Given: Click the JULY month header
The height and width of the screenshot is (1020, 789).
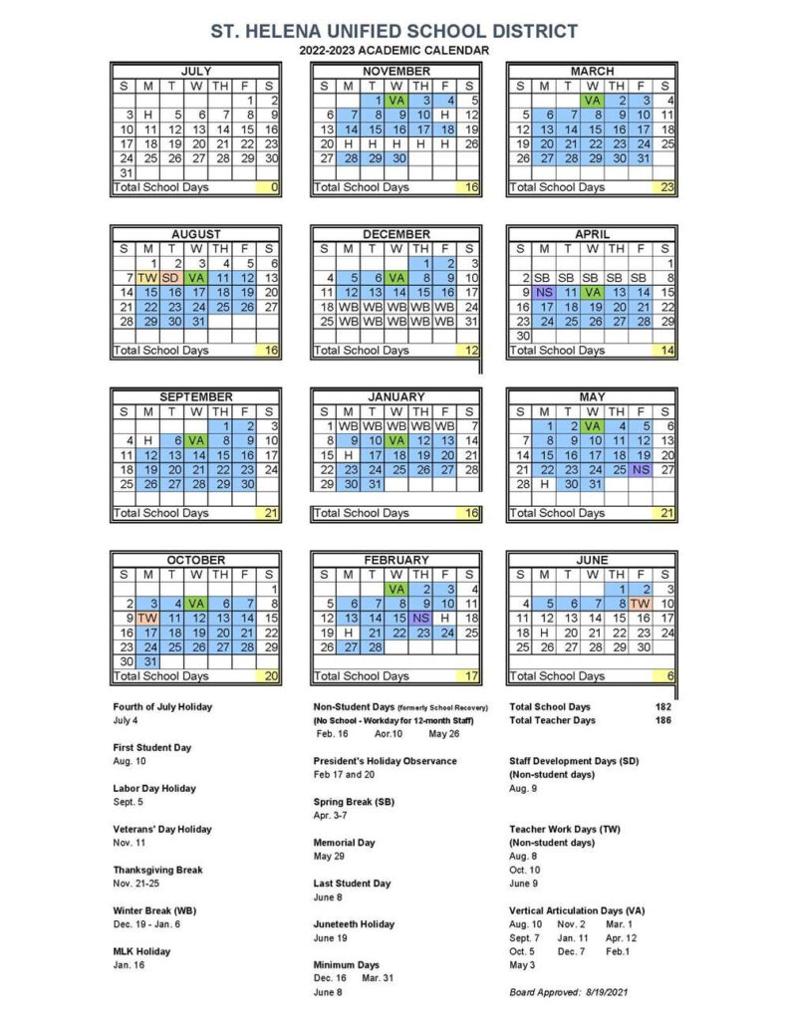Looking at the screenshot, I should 196,72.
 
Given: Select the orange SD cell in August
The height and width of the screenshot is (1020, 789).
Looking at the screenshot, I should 172,277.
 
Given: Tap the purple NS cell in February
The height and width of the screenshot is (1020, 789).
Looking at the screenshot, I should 420,618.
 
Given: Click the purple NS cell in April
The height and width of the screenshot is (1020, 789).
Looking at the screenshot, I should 543,292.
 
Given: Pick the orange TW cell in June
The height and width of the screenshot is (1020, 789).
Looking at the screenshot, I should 641,603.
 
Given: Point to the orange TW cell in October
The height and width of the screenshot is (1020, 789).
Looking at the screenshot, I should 148,618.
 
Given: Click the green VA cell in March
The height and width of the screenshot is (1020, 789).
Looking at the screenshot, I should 592,100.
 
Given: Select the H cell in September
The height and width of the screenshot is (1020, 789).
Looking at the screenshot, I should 148,440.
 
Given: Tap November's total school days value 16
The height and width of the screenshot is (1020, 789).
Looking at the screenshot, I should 471,187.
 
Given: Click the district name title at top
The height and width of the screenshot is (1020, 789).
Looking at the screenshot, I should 394,31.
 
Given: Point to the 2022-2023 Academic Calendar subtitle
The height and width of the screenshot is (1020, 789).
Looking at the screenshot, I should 394,50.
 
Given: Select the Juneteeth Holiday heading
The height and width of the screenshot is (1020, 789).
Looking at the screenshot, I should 354,924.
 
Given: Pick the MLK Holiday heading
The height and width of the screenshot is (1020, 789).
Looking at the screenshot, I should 141,951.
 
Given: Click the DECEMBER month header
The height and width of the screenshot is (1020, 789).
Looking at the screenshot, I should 395,234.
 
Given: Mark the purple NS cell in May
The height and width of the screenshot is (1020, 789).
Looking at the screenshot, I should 641,469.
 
